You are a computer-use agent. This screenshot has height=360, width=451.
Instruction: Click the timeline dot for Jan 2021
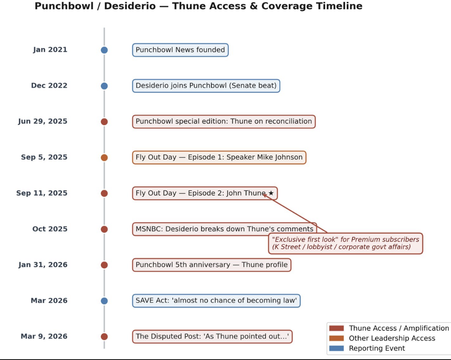tap(104, 50)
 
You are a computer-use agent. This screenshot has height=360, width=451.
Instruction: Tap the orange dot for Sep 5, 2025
tap(104, 157)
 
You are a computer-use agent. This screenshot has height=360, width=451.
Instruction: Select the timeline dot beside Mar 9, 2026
tap(104, 336)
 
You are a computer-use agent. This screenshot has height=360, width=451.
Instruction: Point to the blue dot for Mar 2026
tap(104, 301)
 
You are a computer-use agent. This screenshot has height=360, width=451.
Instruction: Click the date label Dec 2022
tap(49, 85)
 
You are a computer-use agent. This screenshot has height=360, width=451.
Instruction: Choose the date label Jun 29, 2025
tap(42, 121)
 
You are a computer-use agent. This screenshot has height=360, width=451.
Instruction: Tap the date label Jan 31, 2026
tap(43, 265)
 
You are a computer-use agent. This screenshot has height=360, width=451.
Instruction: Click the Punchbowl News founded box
tap(180, 50)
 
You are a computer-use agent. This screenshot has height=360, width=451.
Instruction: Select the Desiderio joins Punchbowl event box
tap(206, 86)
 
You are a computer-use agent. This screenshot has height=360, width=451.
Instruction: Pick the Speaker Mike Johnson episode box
tap(219, 157)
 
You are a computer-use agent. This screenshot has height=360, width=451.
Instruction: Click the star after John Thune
tap(271, 193)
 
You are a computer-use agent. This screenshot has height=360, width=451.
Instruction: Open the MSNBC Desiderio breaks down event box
tap(224, 229)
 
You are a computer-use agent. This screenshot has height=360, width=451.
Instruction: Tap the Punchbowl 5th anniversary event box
tap(212, 265)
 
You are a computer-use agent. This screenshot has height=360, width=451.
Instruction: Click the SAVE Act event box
tap(216, 301)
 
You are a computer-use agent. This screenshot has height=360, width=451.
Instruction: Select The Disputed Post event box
tap(212, 336)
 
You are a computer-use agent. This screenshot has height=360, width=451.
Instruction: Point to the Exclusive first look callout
tap(346, 244)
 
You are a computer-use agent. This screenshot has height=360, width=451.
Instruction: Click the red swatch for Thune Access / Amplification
tap(336, 329)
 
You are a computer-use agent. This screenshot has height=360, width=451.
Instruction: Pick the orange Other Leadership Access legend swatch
tap(336, 338)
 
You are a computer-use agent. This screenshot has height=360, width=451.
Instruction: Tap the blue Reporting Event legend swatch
tap(336, 348)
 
